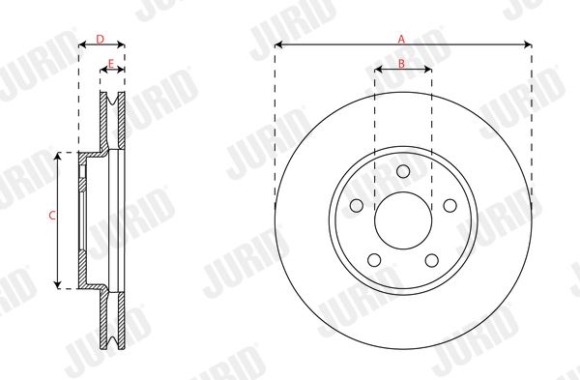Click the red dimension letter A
point(401,39)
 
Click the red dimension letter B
point(402,64)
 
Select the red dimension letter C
point(52,216)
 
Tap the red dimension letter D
point(101,39)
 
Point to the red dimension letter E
point(110,64)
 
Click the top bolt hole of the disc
point(403,171)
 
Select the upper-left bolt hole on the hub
point(357,206)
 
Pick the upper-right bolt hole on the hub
point(449,206)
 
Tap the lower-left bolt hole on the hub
point(374,260)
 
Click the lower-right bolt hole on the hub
point(432,260)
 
